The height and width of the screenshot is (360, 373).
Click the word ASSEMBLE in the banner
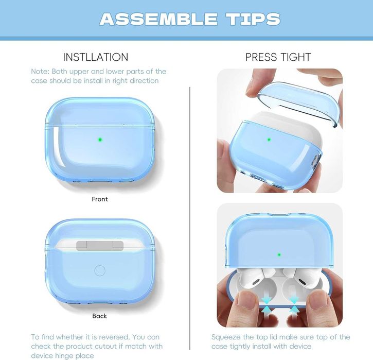tap(158, 19)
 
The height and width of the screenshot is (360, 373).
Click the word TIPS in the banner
tap(253, 19)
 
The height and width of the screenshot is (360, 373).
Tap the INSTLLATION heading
tap(96, 57)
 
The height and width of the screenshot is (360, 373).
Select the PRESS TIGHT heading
tap(278, 57)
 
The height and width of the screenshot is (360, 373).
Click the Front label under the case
tap(100, 199)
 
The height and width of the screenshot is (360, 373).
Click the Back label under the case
tap(100, 316)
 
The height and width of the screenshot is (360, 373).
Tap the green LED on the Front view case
tap(100, 140)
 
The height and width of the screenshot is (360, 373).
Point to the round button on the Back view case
tap(100, 271)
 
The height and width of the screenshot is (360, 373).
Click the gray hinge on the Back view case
tap(100, 246)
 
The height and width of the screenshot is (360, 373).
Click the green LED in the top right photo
tap(269, 140)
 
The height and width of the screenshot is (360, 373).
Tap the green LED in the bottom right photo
tap(279, 255)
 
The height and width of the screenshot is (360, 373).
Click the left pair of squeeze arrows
tap(267, 305)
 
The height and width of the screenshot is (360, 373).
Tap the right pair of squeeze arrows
tap(294, 305)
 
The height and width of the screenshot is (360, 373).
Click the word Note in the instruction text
tap(40, 72)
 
